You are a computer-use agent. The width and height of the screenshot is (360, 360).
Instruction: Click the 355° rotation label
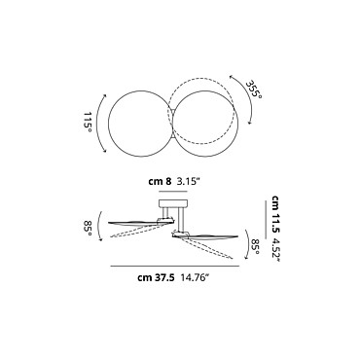[254, 90]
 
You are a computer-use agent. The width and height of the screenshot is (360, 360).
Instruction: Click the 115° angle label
[88, 123]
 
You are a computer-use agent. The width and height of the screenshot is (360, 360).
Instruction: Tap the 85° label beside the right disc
[255, 246]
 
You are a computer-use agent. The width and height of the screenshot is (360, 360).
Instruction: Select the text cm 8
[160, 182]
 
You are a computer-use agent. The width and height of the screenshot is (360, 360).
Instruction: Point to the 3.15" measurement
[187, 182]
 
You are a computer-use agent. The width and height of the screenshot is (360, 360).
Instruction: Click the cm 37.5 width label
[157, 277]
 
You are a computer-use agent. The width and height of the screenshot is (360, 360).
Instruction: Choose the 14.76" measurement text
[195, 277]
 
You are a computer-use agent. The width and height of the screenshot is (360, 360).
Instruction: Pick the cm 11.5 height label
[276, 214]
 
